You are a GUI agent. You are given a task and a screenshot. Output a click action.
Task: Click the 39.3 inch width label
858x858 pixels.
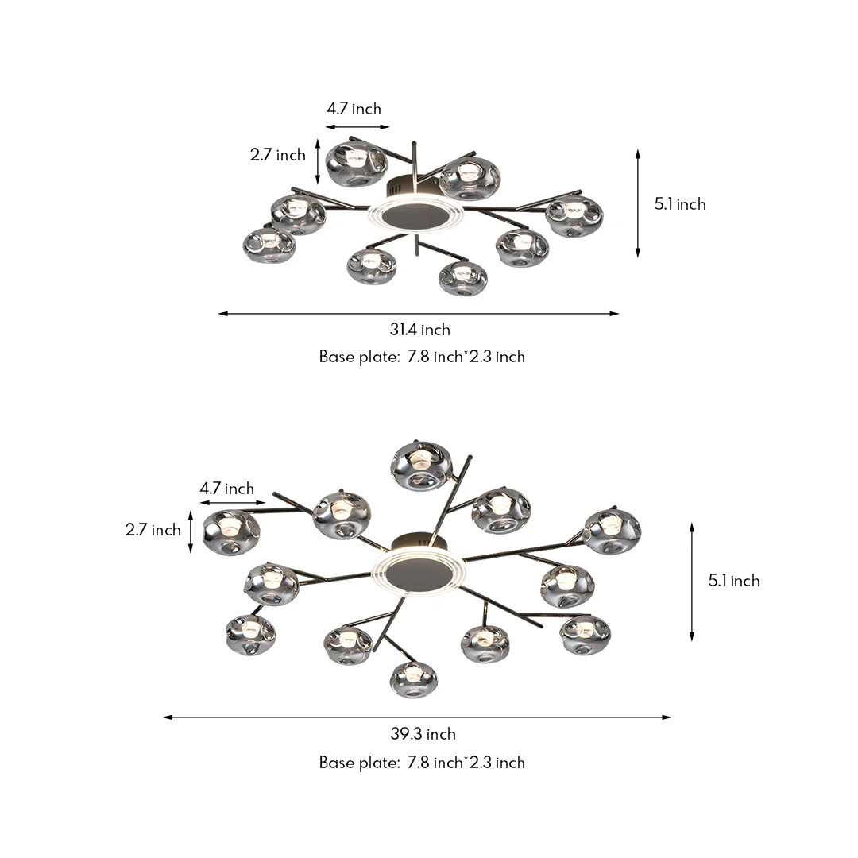coord(423,734)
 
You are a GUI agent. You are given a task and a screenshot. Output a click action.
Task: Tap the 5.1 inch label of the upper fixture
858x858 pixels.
coord(680,204)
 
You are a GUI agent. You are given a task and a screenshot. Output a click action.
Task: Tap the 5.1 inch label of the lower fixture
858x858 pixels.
coord(734,581)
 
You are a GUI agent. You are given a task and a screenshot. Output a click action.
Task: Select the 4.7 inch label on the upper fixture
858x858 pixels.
coord(354,109)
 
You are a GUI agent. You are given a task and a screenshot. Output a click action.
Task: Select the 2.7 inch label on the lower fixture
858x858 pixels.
coord(153,530)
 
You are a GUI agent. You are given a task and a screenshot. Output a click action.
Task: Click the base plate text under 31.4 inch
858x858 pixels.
coord(422,357)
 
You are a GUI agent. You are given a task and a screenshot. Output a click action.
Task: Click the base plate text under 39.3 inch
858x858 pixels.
coord(422,763)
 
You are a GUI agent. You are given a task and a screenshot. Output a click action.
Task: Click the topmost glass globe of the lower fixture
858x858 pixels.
coord(422,465)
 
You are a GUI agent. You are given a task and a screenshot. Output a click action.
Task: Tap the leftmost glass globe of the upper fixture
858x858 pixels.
coord(269,245)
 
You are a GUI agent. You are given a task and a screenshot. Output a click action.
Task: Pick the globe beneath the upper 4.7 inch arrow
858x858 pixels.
coord(357,163)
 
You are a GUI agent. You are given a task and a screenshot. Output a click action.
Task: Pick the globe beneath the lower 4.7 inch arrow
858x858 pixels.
coord(231,531)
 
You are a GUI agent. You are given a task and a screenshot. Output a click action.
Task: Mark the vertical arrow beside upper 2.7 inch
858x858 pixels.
coord(319,161)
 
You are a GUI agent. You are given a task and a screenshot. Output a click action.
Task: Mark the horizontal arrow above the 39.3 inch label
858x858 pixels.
coord(417,717)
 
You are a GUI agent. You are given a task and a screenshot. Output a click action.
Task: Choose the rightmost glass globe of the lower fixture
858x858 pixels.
coord(613,531)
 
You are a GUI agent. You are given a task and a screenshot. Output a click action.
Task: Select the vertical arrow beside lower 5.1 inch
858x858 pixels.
coord(692,582)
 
